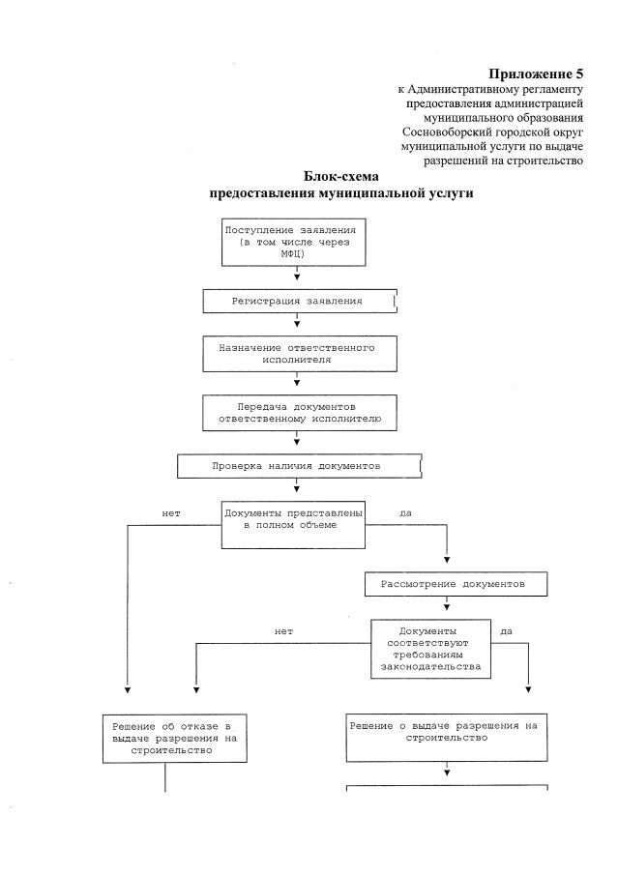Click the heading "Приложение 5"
click(536, 74)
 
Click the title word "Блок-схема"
click(341, 177)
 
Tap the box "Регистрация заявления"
click(298, 302)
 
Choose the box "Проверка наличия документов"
click(298, 466)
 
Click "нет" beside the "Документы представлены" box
click(172, 512)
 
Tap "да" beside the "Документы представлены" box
click(405, 512)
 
